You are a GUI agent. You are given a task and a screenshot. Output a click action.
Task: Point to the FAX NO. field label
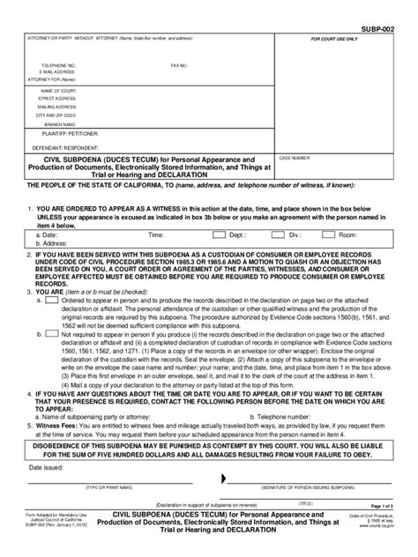[x=180, y=65]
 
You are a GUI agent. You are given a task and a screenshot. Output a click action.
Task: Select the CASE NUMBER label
[x=319, y=160]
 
